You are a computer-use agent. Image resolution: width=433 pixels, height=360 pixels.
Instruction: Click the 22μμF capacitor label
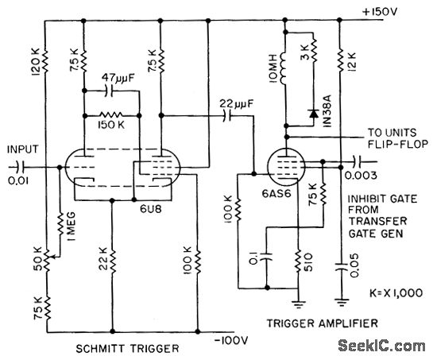pos(232,103)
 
